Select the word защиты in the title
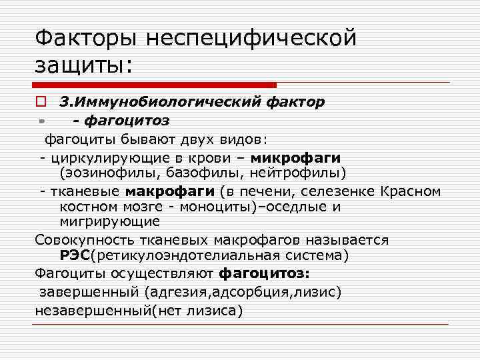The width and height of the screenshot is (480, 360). (x=79, y=65)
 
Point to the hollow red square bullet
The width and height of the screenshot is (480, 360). (x=41, y=103)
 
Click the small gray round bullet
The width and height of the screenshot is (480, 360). (x=41, y=121)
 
